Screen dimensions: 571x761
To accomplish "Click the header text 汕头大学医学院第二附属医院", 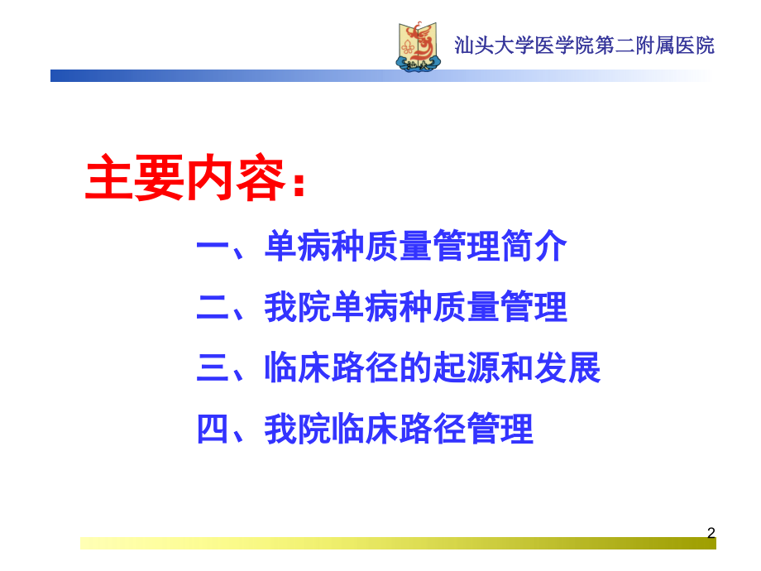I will click(585, 46).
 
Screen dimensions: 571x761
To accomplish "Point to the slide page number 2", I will click(711, 533).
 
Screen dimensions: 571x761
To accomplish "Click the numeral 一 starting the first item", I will click(213, 247).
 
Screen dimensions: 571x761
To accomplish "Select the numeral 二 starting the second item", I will click(213, 308).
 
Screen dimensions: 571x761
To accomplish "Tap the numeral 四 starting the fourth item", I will click(213, 429).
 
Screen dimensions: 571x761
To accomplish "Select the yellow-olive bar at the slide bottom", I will click(397, 544).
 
